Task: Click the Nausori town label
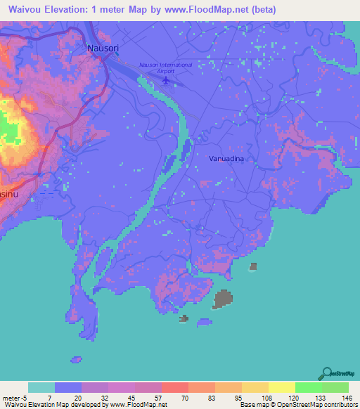[x=103, y=48]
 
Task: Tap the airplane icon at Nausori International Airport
[x=167, y=80]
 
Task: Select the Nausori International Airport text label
[x=166, y=67]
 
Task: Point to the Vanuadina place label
[x=226, y=160]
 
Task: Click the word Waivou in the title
[x=25, y=10]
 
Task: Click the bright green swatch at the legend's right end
[x=335, y=387]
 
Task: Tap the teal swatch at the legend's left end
[x=41, y=387]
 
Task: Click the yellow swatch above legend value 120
[x=281, y=387]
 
